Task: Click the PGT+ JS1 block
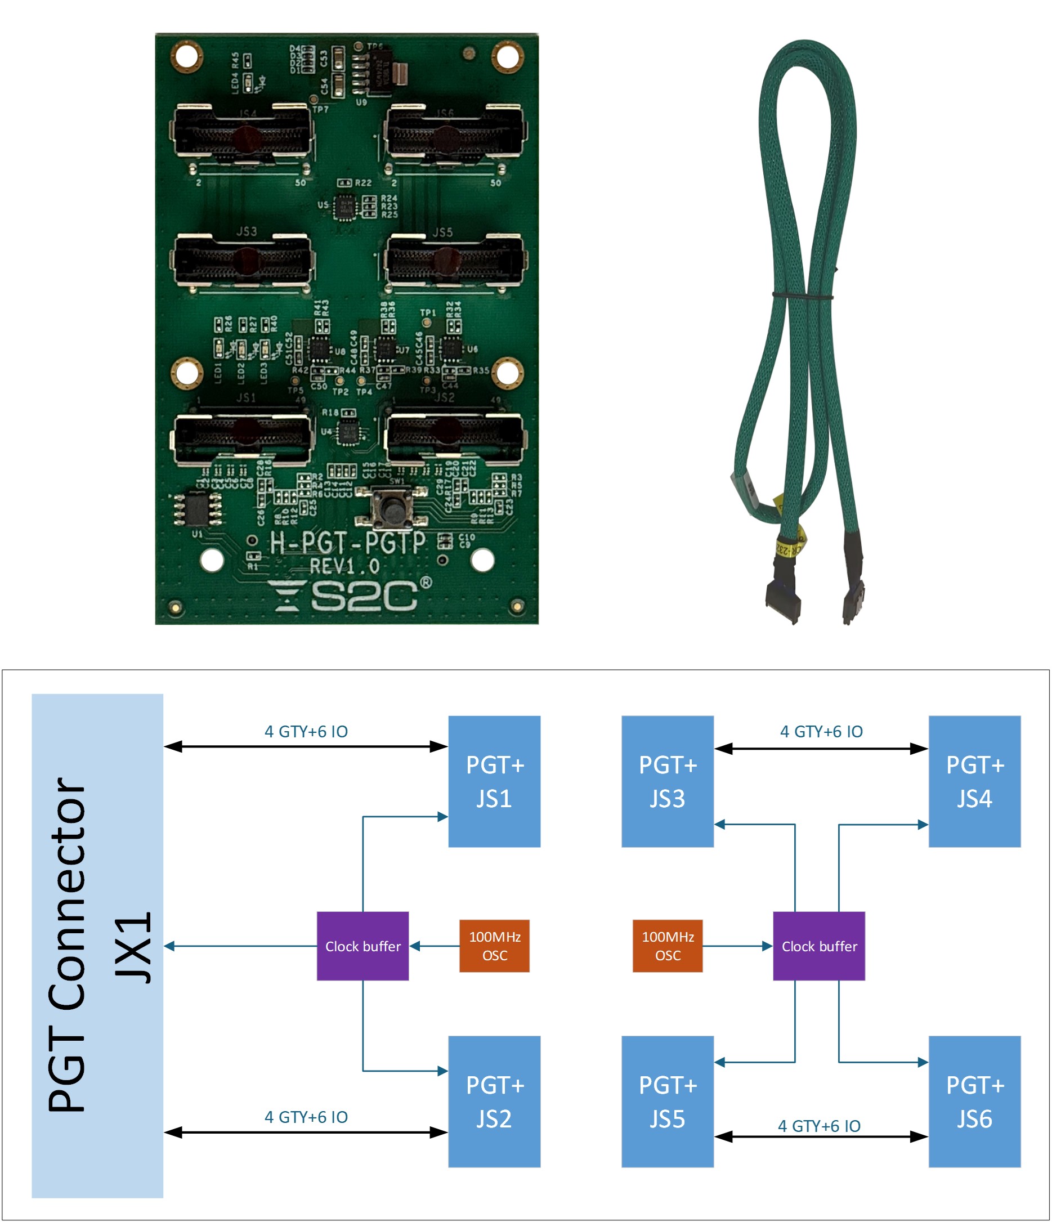coord(494,781)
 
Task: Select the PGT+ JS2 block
coord(494,1102)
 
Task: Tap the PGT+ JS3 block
coord(668,781)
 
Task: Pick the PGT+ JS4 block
coord(974,781)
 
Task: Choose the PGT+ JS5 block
coord(668,1102)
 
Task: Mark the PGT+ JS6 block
coord(974,1102)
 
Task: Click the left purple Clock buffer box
coord(362,946)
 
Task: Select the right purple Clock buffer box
coord(818,946)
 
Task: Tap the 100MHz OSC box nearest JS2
coord(494,946)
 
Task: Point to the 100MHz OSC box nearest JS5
coord(668,946)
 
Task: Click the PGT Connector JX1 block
coord(97,946)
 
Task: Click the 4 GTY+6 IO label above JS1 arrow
coord(306,732)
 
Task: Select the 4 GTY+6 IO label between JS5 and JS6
coord(819,1126)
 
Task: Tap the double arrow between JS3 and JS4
coord(821,749)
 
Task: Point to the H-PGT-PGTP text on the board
coord(348,543)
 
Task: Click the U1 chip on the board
coord(198,508)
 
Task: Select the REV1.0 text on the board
coord(345,567)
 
